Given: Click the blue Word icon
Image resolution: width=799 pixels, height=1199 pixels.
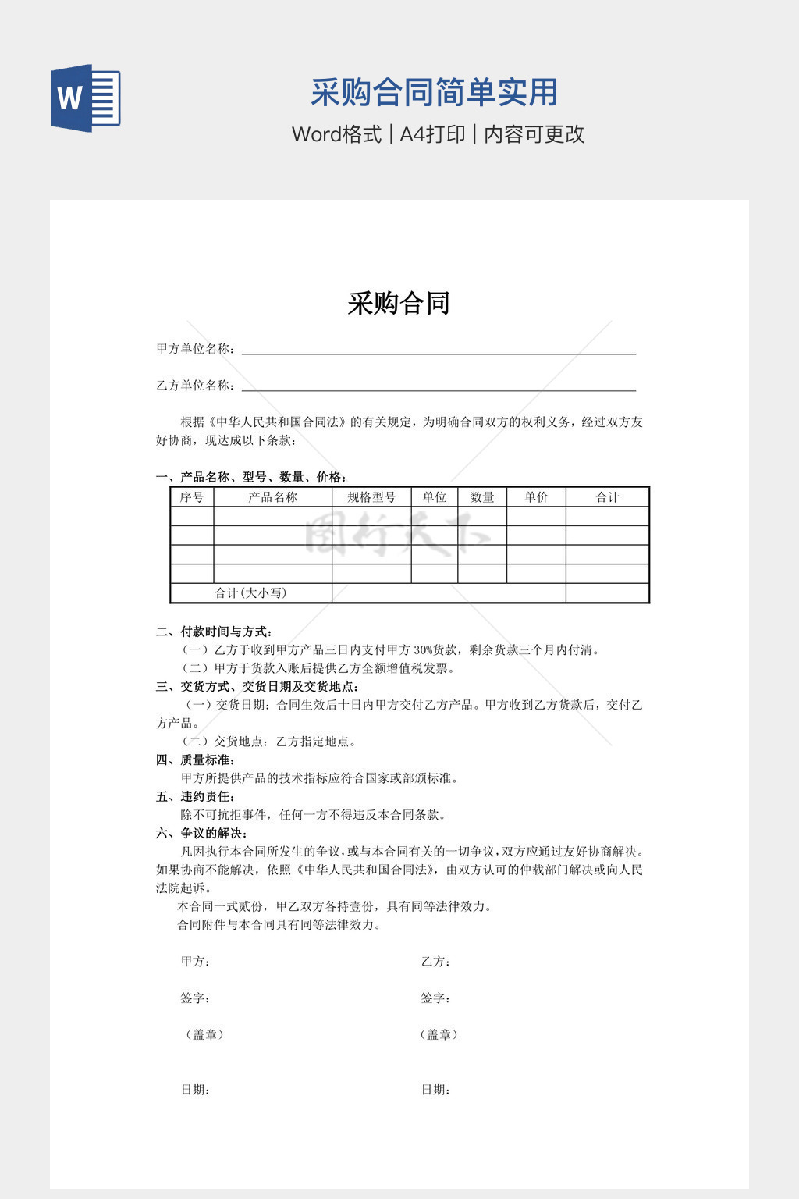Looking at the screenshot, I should point(86,98).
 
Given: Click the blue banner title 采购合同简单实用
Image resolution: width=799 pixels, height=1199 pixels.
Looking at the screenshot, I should point(434,92).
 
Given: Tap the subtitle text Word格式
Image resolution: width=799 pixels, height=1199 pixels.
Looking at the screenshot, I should point(336,134).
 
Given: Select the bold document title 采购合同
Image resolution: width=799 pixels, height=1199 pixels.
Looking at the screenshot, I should point(399,303).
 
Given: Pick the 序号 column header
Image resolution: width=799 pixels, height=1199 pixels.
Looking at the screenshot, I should point(192,497).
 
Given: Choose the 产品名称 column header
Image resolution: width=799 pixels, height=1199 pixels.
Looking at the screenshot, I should point(272,497).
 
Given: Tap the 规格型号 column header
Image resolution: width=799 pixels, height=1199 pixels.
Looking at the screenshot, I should point(371,497).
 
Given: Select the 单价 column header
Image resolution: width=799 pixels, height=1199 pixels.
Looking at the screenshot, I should point(536,497).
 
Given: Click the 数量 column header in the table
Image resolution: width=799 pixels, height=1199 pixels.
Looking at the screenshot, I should point(482,497).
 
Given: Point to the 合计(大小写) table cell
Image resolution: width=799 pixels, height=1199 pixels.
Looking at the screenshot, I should point(250,593).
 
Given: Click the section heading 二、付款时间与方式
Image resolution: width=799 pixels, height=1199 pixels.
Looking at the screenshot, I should point(214,632).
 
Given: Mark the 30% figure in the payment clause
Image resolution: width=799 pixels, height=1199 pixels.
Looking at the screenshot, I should point(423,650).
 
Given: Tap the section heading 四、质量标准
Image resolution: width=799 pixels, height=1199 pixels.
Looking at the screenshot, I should point(196,760).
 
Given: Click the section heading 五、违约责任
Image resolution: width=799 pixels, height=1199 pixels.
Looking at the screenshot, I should point(196,796).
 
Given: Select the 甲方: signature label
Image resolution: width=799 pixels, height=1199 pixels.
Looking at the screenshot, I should point(196,962).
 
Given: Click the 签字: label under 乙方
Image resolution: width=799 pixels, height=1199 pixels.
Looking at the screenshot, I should point(435,998).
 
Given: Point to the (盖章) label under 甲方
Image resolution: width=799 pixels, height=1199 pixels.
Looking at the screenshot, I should point(204,1034).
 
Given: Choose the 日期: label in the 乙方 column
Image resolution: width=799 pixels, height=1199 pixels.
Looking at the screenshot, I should point(435,1090).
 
